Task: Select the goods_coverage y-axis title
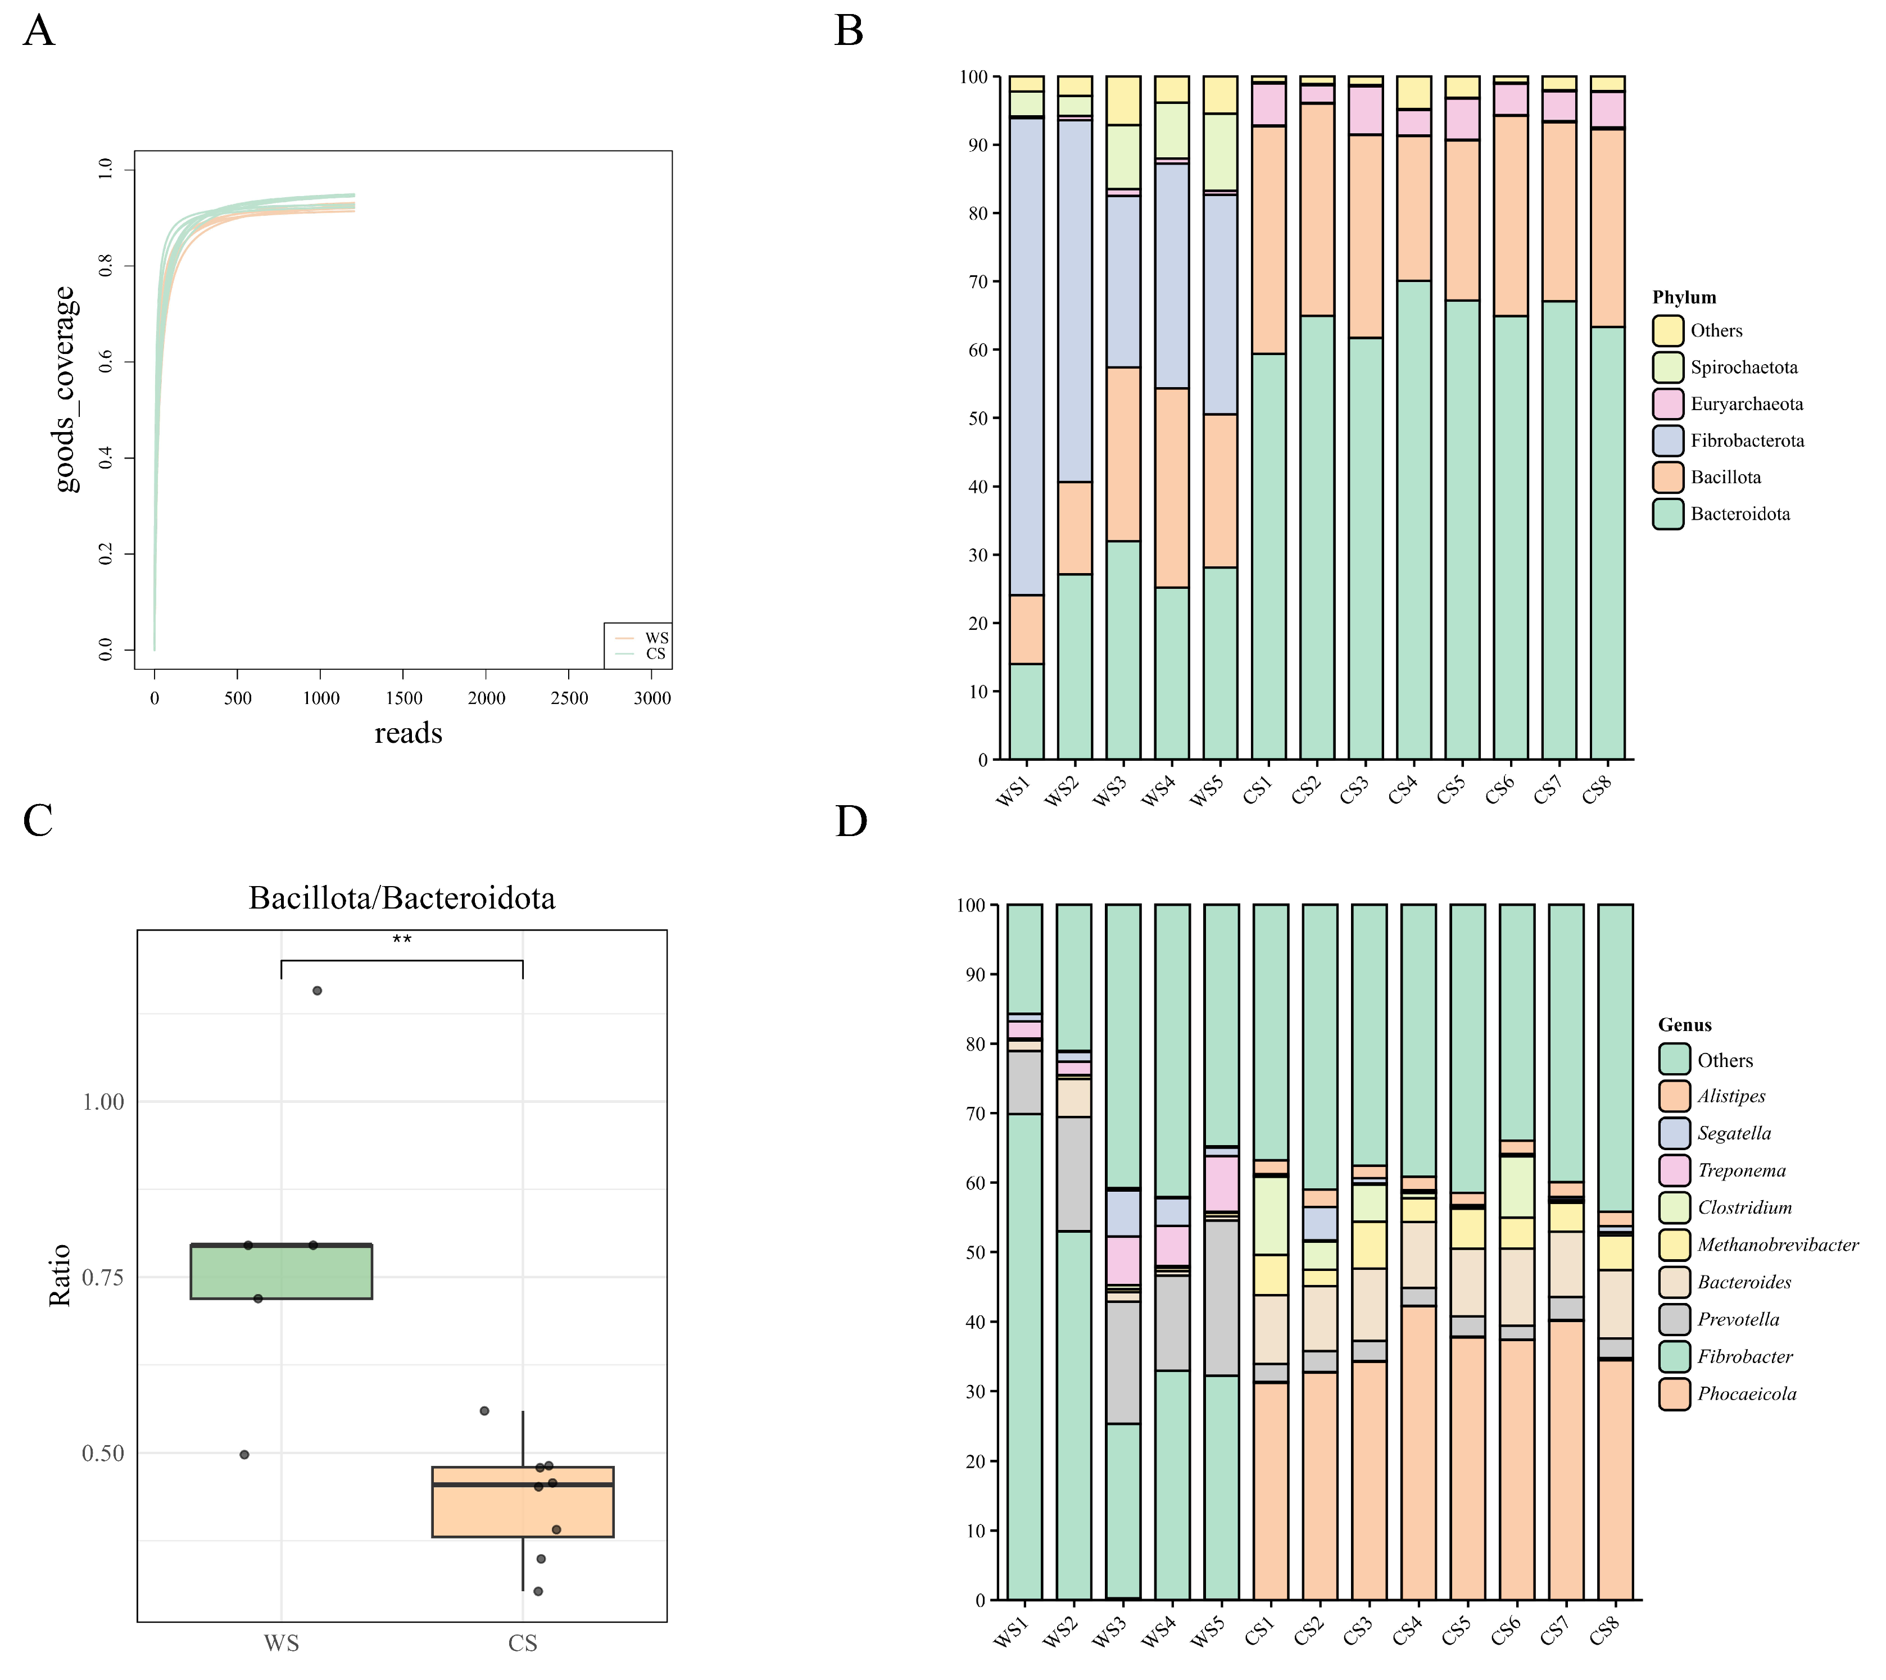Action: (65, 389)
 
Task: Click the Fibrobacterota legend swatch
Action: (1667, 441)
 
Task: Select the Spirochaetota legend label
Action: (1744, 367)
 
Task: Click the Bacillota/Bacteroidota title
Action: (402, 898)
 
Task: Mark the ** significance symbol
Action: (402, 939)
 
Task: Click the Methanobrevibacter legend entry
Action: (1777, 1245)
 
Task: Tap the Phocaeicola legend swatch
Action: (1674, 1394)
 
